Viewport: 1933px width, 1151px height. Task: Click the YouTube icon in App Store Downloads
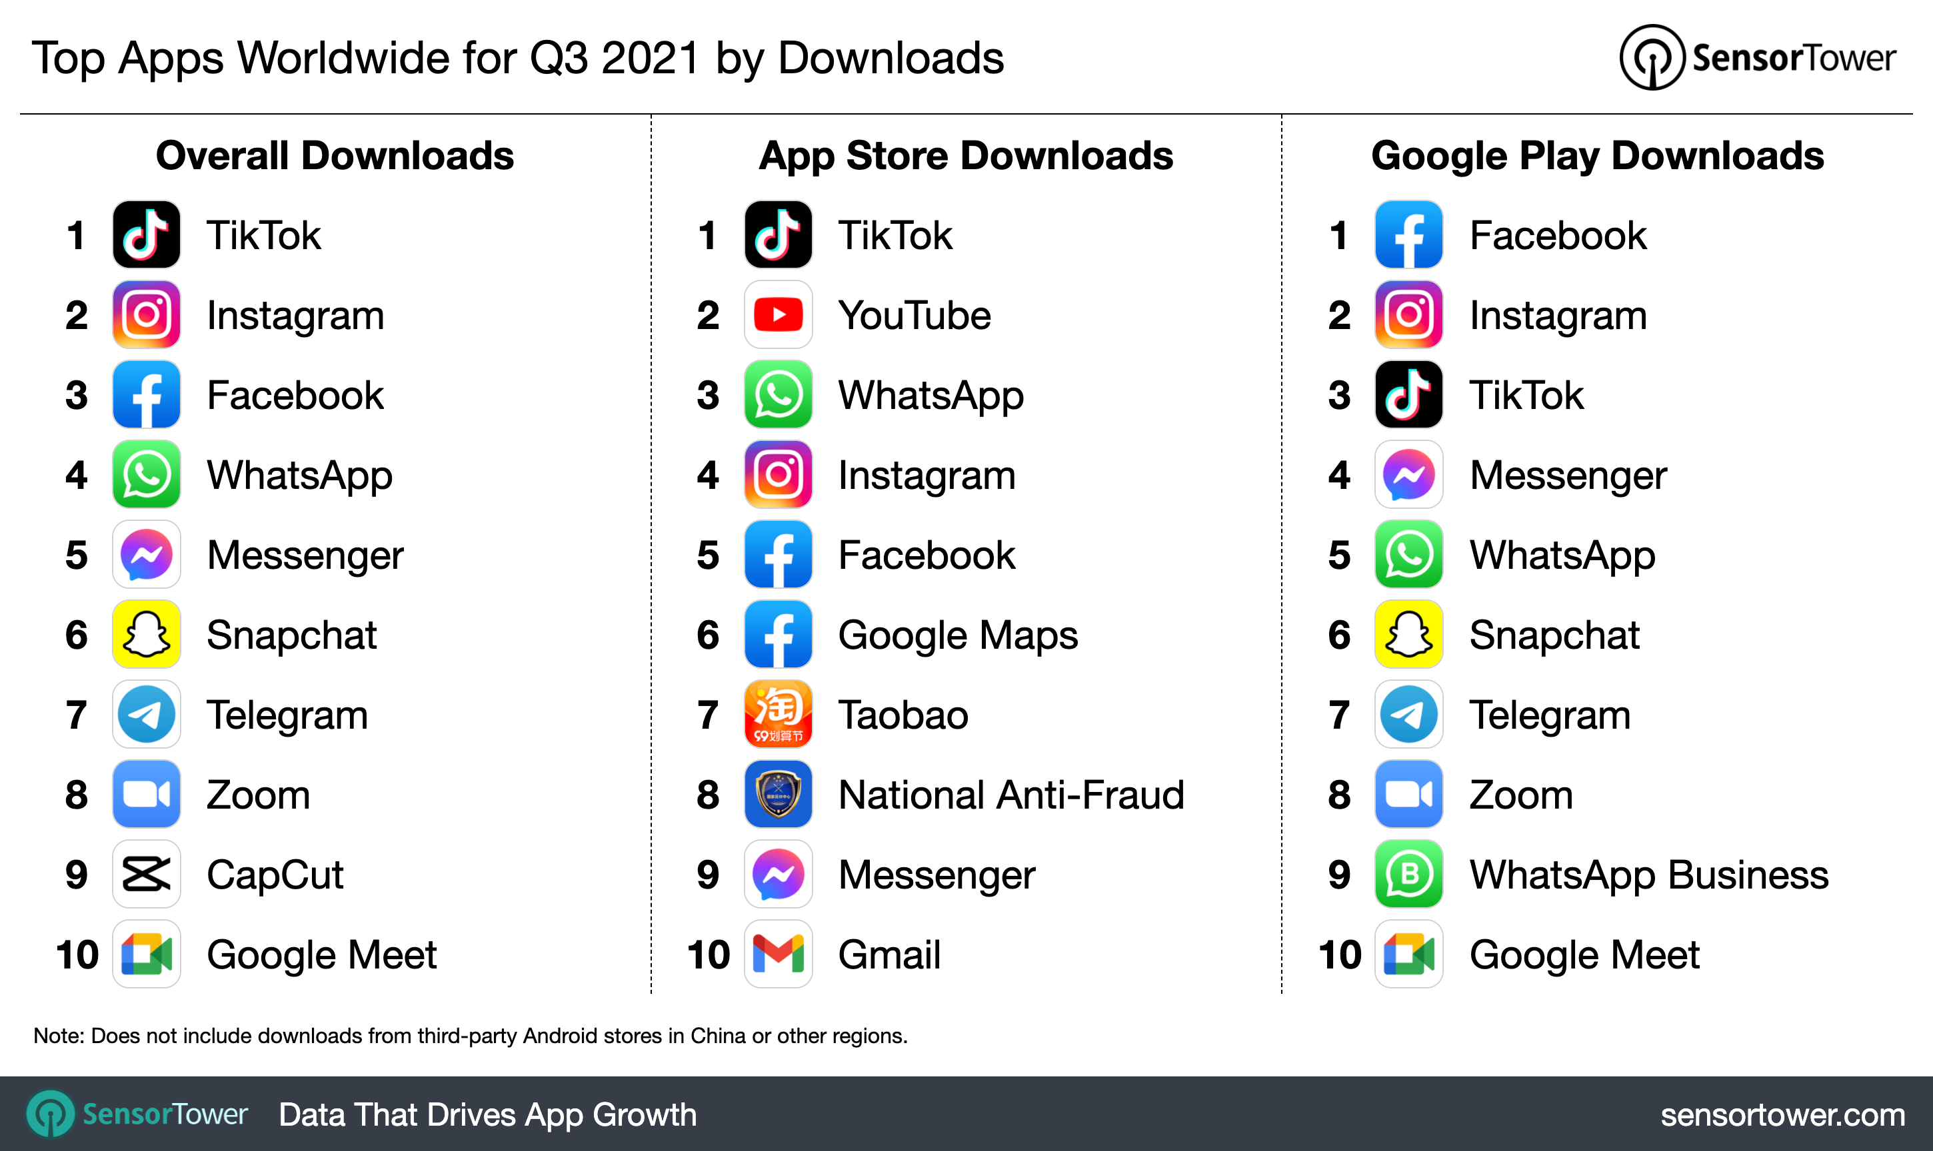coord(778,315)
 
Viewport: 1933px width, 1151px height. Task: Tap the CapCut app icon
coord(146,874)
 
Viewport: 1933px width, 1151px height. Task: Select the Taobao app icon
coord(778,714)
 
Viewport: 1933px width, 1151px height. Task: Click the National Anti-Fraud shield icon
coord(778,794)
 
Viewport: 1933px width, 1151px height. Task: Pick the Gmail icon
coord(778,954)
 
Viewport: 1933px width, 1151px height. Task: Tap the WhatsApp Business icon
coord(1408,874)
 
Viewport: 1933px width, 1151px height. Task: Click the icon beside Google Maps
coord(778,634)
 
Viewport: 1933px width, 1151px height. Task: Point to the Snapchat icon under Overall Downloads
coord(146,634)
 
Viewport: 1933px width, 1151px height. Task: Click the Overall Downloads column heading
coord(335,156)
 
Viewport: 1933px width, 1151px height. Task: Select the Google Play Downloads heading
coord(1597,156)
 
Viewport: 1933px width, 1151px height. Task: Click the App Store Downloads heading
coord(965,156)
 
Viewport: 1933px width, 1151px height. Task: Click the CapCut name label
coord(275,875)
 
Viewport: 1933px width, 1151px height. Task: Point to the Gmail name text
coord(889,955)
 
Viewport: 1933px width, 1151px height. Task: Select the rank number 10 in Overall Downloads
coord(77,955)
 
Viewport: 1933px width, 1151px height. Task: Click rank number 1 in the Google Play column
coord(1338,236)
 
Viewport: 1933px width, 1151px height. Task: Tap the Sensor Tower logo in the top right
coord(1757,57)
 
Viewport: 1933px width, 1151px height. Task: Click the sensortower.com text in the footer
coord(1782,1114)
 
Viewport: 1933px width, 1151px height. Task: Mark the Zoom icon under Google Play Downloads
coord(1408,794)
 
